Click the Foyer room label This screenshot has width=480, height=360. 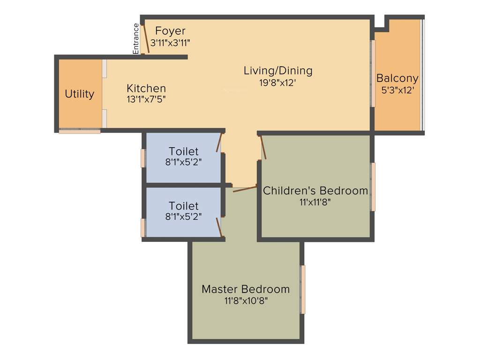[170, 31]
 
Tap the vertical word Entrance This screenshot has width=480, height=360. [136, 39]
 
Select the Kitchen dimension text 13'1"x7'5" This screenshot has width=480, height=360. [146, 99]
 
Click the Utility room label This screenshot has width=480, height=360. [79, 94]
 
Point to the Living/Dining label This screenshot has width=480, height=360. [277, 71]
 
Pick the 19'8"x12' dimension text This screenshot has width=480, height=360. [277, 82]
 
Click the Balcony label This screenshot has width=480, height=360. [397, 78]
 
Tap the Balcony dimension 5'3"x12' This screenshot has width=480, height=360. [397, 90]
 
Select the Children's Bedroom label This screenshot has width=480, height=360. [315, 191]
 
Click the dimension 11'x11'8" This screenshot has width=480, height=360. [315, 202]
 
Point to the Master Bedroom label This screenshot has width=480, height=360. [245, 289]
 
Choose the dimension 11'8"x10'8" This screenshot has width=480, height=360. [245, 300]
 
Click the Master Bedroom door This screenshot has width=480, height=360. [245, 189]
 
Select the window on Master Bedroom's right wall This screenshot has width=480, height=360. [303, 289]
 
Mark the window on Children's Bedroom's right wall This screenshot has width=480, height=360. [373, 187]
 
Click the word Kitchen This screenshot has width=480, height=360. [146, 88]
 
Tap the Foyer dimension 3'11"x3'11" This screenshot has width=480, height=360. [170, 42]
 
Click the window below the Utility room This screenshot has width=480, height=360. [79, 131]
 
